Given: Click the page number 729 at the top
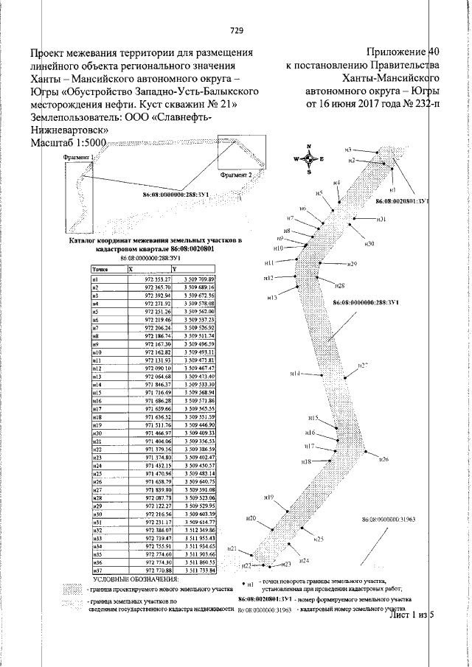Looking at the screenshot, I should [x=237, y=30].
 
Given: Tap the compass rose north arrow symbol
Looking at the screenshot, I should [x=309, y=158].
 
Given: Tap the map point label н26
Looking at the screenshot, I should [x=383, y=459].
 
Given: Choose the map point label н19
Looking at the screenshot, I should [x=269, y=497].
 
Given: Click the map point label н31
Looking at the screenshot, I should [x=381, y=220].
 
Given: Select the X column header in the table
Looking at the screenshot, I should [x=131, y=270].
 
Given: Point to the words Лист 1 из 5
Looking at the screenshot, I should [x=413, y=614].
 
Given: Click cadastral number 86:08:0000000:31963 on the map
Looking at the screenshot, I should [x=389, y=519].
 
